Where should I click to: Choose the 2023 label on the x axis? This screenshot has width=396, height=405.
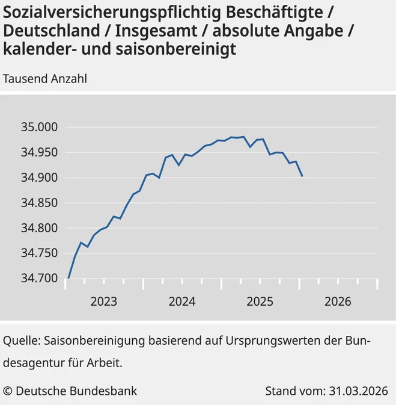(103, 301)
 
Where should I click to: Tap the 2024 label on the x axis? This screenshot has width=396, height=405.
(181, 301)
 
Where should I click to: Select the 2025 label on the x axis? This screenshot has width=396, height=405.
(260, 301)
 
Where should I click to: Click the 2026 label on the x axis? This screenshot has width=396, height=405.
(338, 301)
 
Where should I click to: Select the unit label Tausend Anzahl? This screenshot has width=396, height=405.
(45, 78)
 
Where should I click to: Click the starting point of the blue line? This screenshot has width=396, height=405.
(69, 278)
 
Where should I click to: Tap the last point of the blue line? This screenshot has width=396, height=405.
(302, 176)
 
